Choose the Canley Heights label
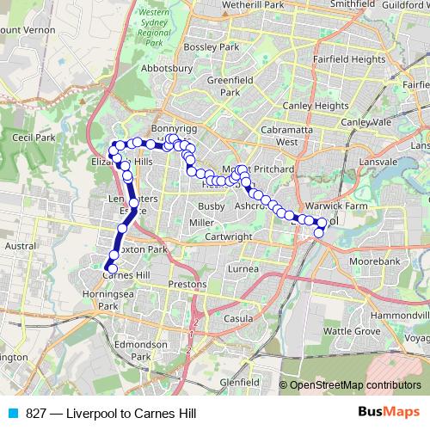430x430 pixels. pos(319,107)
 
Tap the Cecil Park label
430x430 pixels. pos(34,137)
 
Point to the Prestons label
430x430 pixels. pos(188,283)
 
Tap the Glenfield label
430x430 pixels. pos(239,381)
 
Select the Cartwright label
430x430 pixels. pos(228,236)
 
